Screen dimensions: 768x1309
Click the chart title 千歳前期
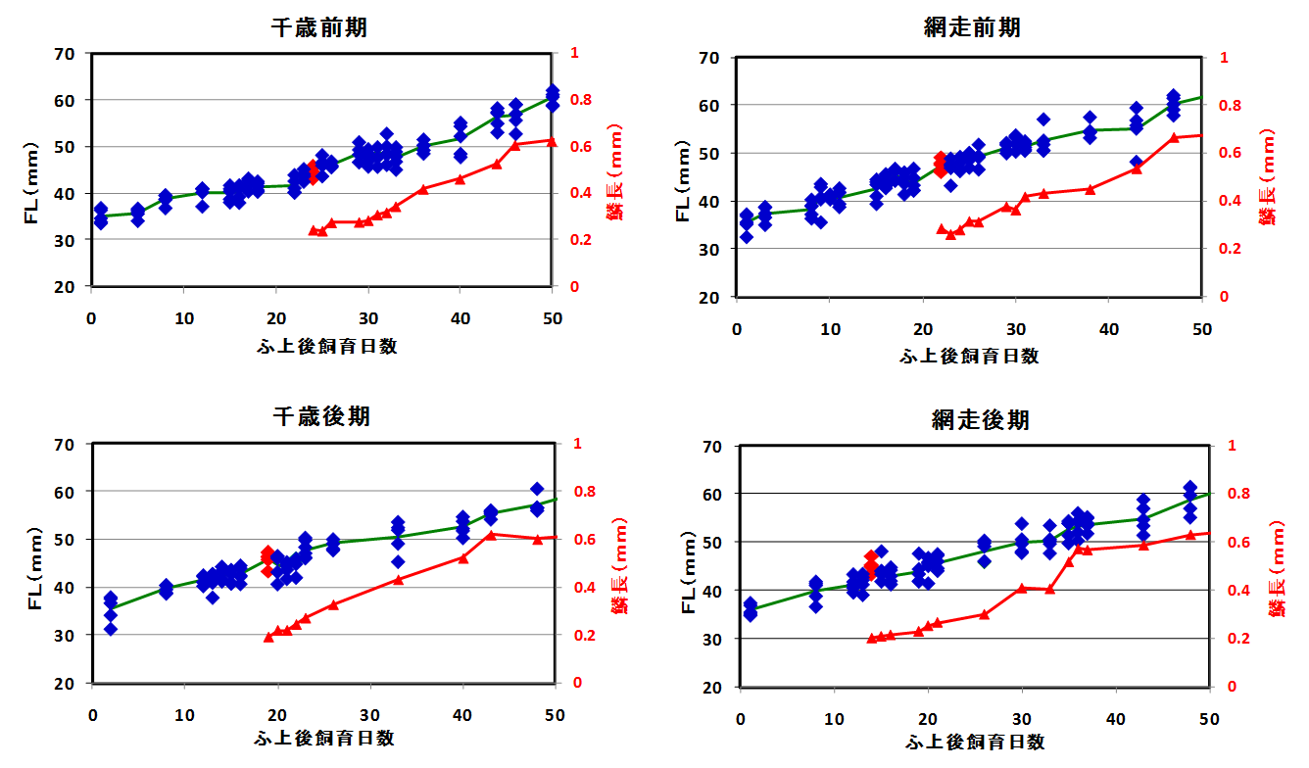(x=318, y=27)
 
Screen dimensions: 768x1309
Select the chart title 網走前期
(x=972, y=27)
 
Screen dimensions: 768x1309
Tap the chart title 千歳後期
(x=320, y=415)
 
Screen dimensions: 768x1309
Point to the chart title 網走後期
(x=980, y=420)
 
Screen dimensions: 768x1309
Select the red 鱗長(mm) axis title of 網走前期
(x=1268, y=176)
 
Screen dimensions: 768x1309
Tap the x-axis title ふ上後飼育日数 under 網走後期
(x=974, y=742)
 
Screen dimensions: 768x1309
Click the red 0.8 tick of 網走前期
(x=1224, y=106)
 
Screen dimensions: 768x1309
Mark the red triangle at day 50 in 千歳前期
(x=551, y=141)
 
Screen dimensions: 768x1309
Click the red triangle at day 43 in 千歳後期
(x=491, y=535)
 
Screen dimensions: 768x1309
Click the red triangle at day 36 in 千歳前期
(x=423, y=189)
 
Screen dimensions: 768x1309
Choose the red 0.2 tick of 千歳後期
(x=576, y=636)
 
